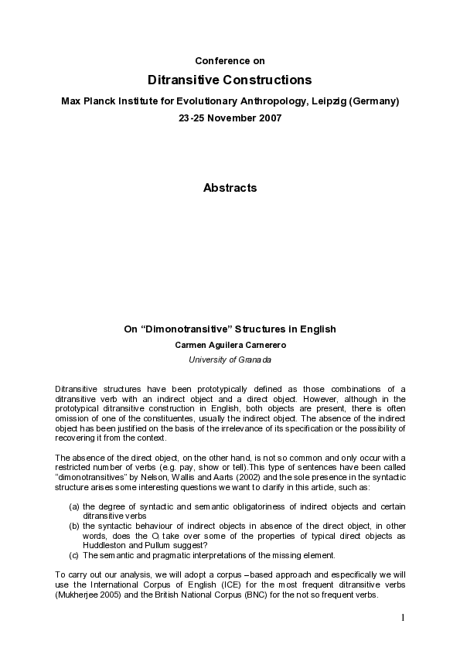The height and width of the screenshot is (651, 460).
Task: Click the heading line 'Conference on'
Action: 230,60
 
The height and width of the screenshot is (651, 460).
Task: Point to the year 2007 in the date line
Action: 267,118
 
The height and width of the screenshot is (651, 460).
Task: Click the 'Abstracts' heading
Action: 230,188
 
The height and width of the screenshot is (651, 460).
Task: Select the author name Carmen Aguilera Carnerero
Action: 230,346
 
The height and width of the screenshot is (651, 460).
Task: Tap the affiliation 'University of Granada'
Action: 230,360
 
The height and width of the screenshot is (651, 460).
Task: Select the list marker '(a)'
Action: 74,506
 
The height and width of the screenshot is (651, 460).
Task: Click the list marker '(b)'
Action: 74,526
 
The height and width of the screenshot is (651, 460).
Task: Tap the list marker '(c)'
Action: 74,555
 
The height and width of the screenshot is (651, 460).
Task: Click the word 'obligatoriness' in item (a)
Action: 234,506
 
